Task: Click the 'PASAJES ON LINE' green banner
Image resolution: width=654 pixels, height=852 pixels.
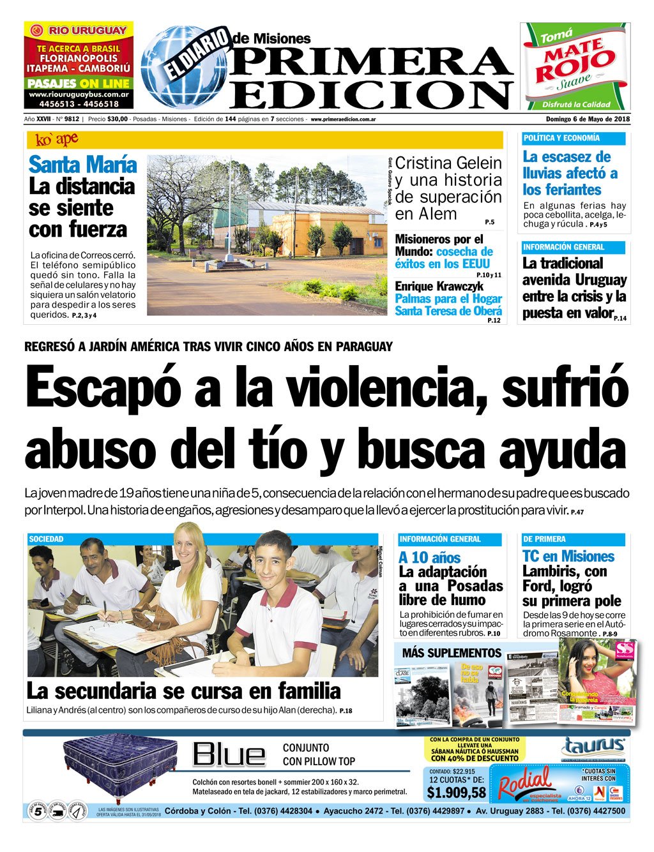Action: tap(79, 84)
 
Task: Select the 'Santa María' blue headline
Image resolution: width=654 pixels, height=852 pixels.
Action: tap(82, 164)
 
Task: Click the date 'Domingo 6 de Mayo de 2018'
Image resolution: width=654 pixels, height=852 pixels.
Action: tap(588, 119)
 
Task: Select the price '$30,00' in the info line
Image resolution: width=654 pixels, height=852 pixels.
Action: tap(118, 119)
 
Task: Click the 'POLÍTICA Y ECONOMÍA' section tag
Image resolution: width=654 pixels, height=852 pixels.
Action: tap(561, 138)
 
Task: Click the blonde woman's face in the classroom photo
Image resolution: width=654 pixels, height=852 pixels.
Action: tap(185, 544)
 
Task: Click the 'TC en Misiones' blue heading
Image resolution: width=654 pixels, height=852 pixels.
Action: tap(568, 556)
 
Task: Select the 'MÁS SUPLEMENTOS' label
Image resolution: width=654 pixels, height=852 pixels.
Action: tap(452, 652)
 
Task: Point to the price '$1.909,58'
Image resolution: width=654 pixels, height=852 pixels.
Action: tap(456, 793)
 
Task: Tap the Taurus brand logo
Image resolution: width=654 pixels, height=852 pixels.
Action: tap(593, 747)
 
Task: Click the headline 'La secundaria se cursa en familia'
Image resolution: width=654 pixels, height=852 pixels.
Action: tap(183, 691)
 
